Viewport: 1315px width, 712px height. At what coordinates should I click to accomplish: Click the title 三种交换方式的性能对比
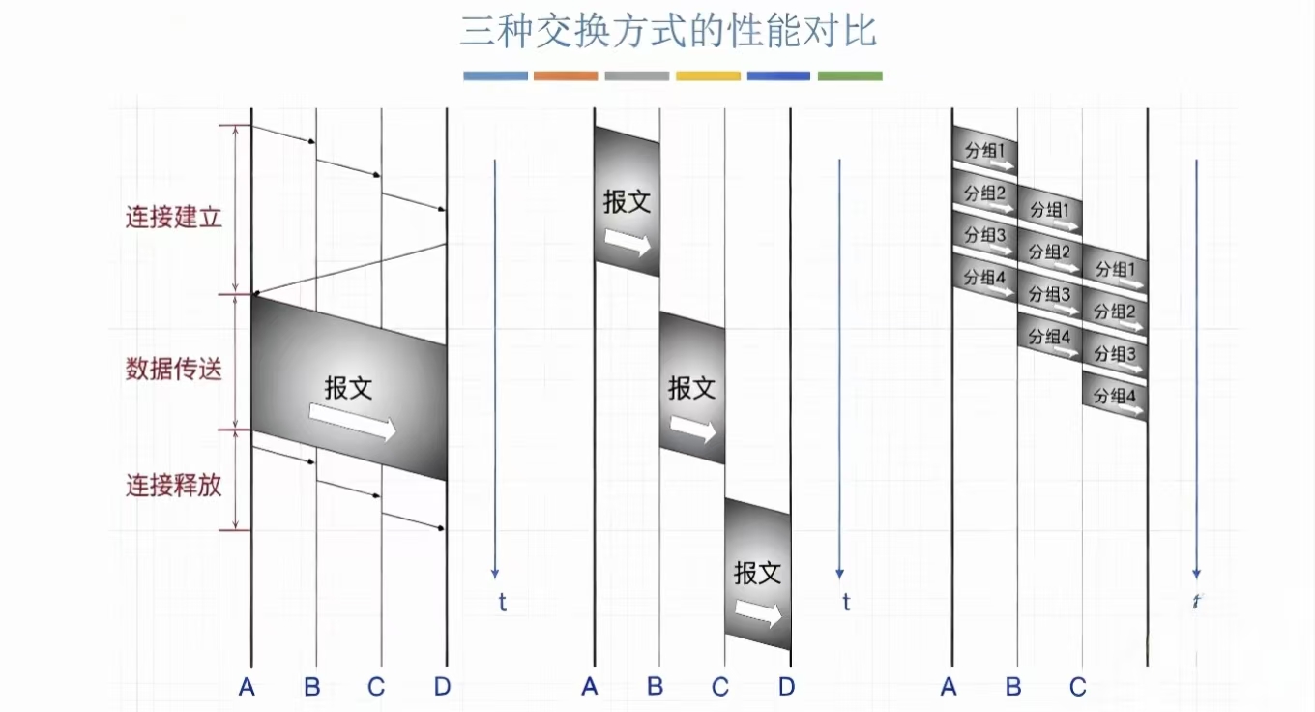668,31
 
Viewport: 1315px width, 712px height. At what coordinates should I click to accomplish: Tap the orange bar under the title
566,75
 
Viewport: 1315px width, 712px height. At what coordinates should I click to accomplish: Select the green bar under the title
850,75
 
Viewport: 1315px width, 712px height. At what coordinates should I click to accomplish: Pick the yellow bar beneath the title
708,75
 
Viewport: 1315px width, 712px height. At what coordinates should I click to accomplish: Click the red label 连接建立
174,217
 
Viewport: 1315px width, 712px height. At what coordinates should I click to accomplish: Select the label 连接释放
174,485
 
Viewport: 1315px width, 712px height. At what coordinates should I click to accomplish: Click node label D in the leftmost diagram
442,687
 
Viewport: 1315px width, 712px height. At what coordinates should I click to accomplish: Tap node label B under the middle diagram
656,687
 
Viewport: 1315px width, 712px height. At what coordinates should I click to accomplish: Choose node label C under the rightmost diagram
1078,687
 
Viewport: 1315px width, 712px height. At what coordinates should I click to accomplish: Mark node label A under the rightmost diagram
948,687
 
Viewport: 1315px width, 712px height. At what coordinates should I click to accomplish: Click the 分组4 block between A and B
984,279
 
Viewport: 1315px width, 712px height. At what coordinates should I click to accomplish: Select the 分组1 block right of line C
1114,270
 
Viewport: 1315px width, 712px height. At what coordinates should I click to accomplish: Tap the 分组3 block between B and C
1049,295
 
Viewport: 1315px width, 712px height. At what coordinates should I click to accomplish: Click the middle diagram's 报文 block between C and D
758,576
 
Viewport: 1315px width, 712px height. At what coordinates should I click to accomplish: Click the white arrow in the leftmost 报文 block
352,424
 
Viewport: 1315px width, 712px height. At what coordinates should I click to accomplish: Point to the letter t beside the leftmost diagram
502,602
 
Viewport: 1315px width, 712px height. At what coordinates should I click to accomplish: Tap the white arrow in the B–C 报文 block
693,429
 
